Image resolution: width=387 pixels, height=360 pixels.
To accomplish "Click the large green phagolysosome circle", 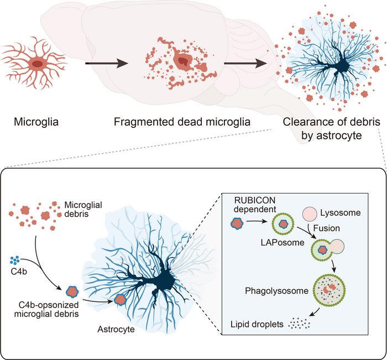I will [327, 290].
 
